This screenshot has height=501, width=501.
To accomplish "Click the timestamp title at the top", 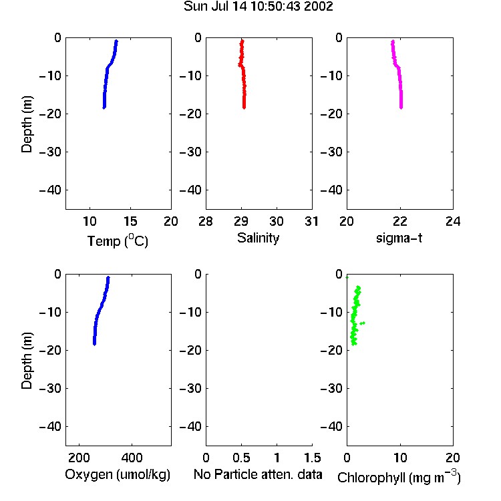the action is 258,6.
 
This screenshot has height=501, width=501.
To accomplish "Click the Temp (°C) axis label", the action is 118,240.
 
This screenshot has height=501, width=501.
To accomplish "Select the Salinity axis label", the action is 258,238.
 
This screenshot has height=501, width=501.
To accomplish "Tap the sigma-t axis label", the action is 399,238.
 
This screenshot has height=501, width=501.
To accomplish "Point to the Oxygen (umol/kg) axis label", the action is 118,474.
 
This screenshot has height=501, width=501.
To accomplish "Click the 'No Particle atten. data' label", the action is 258,474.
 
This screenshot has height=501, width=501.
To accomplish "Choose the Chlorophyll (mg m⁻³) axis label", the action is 399,477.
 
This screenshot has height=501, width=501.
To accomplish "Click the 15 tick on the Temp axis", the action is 130,221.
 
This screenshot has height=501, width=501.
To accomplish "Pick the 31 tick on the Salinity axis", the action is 312,221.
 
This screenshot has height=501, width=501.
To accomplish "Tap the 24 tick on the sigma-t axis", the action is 453,221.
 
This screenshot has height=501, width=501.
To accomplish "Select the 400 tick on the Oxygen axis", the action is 132,458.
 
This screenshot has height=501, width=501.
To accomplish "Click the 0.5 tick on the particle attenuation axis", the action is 241,458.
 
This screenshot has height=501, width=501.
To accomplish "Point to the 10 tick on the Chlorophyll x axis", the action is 400,458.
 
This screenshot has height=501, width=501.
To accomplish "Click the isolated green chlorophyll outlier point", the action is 362,323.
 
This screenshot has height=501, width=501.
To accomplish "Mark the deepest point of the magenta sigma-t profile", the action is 401,108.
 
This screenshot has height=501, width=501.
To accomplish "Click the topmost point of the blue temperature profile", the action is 117,41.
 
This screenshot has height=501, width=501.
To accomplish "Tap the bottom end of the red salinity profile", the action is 244,108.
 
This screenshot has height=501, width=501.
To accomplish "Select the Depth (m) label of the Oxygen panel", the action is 27,361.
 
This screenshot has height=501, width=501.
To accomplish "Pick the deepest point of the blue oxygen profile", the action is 95,344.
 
